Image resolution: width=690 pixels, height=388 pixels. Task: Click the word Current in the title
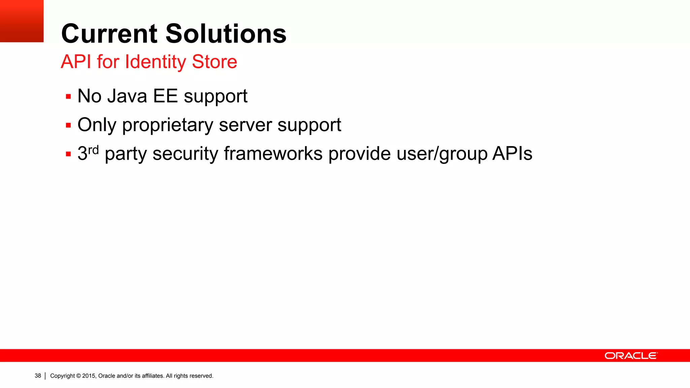(109, 34)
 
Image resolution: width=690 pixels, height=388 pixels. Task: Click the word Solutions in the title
(226, 34)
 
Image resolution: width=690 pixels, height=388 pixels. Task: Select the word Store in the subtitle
(214, 62)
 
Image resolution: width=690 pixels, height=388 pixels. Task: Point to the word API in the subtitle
(76, 62)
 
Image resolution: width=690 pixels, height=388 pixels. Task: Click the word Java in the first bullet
(127, 96)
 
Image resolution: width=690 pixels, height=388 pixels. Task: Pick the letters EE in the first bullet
(165, 96)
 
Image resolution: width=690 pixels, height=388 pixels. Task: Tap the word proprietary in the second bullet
(167, 126)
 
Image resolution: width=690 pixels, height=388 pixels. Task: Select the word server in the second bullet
(245, 125)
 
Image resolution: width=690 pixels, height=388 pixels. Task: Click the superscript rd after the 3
(93, 150)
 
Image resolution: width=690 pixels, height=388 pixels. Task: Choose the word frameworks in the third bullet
(273, 154)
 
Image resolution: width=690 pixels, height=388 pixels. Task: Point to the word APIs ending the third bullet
(512, 154)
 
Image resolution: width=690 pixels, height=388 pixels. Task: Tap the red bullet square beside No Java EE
(68, 97)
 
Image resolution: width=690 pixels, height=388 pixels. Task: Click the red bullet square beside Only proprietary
(68, 126)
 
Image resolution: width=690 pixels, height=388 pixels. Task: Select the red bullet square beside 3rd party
(68, 154)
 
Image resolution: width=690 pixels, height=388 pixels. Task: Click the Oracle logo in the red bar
(631, 356)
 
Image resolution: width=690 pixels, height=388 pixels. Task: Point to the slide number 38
(38, 376)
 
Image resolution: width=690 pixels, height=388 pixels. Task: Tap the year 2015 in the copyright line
(89, 376)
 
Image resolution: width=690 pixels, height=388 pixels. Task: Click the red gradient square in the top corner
(22, 21)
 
